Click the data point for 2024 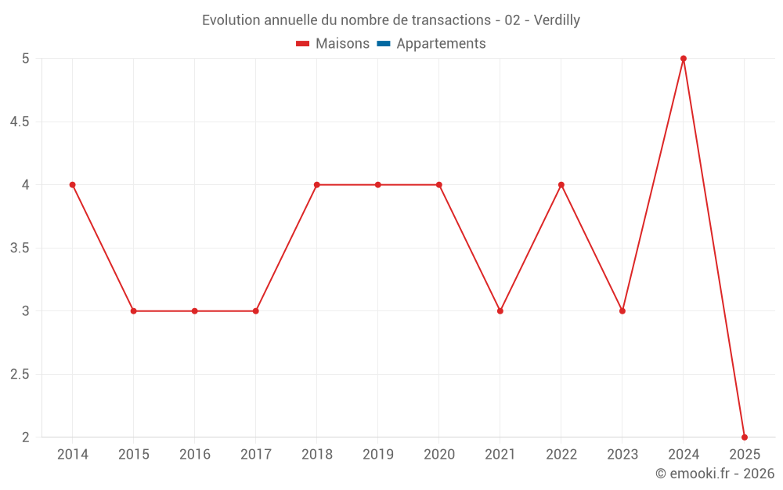click(x=684, y=59)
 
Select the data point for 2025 click(x=745, y=437)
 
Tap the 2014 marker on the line click(x=72, y=185)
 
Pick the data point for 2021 click(x=500, y=311)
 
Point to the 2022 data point click(x=561, y=185)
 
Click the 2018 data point click(x=317, y=185)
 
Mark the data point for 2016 click(x=195, y=311)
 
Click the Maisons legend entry click(x=333, y=43)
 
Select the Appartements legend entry click(x=431, y=43)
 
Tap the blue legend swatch click(x=384, y=43)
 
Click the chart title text click(x=391, y=20)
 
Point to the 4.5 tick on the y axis click(x=20, y=122)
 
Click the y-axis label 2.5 click(x=20, y=375)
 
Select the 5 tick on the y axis click(x=26, y=59)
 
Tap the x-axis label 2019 click(x=378, y=454)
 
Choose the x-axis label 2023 click(x=622, y=454)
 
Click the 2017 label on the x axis click(x=256, y=454)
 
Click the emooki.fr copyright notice click(x=715, y=473)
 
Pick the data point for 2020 click(x=439, y=185)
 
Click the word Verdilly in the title click(x=557, y=20)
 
